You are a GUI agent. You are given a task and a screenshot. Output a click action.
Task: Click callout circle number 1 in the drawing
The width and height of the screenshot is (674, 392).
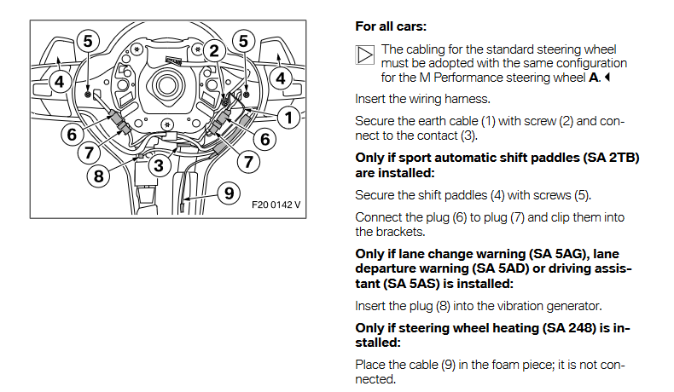point(290,118)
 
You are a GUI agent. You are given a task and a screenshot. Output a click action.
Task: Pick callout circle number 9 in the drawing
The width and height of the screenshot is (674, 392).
point(226,193)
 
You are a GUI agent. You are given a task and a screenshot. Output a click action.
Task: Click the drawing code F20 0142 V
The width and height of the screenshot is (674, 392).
point(277,205)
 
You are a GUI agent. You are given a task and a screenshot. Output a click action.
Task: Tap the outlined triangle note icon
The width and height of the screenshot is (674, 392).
point(364,56)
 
